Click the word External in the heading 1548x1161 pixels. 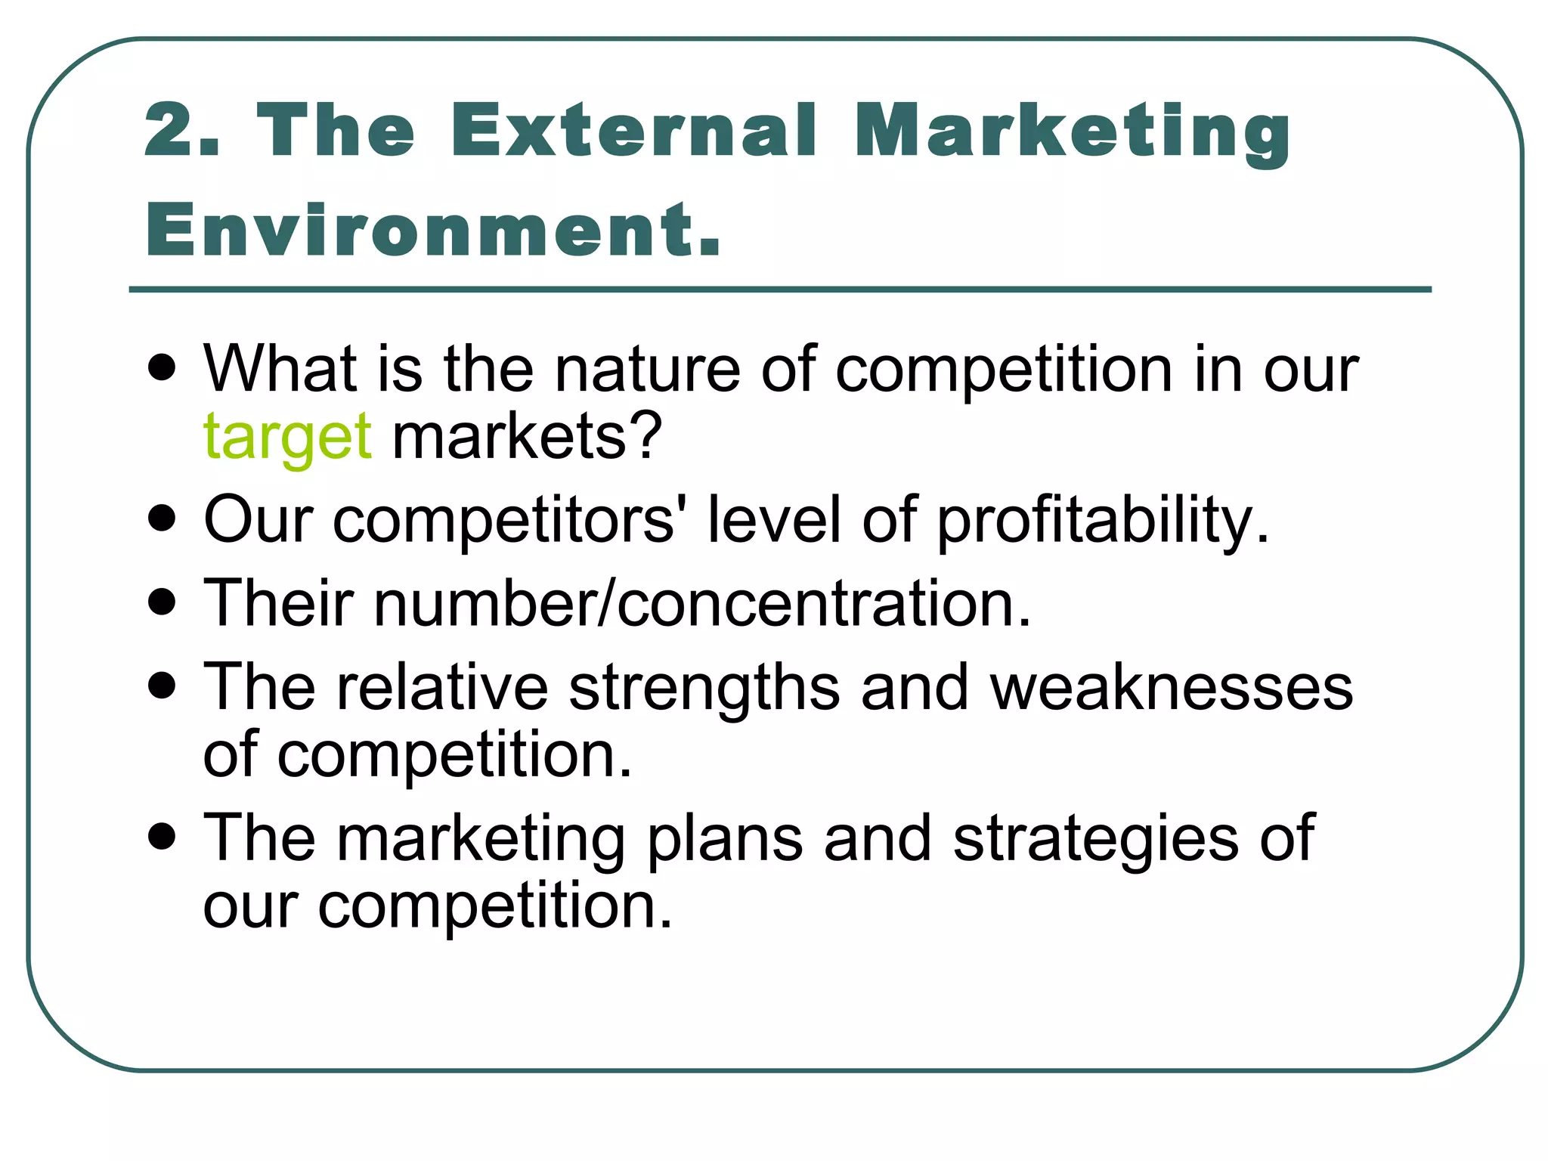click(x=633, y=130)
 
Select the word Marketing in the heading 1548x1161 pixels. click(x=1072, y=133)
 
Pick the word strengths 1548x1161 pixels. click(x=704, y=688)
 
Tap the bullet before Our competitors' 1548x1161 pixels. click(x=163, y=520)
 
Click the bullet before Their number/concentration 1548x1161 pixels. click(x=163, y=603)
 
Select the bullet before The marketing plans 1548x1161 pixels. click(x=163, y=837)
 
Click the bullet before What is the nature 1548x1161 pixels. click(x=163, y=368)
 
